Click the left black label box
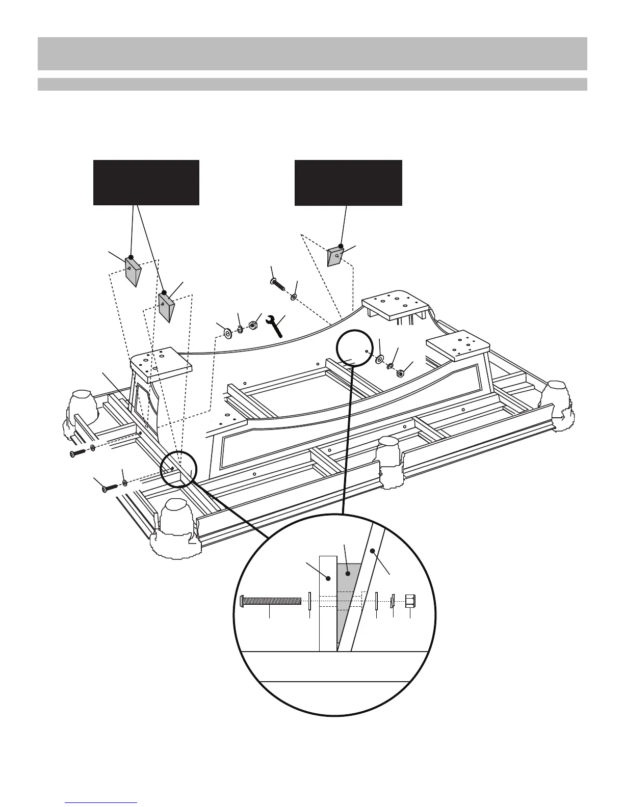pos(146,182)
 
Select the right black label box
pos(348,182)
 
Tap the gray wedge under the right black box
pos(336,256)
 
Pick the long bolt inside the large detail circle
pos(270,602)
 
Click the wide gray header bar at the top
pos(312,53)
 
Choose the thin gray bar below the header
pos(312,84)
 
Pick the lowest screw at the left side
pos(109,487)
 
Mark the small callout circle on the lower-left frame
pos(178,470)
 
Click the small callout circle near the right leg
pos(359,348)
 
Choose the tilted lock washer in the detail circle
pos(393,602)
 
